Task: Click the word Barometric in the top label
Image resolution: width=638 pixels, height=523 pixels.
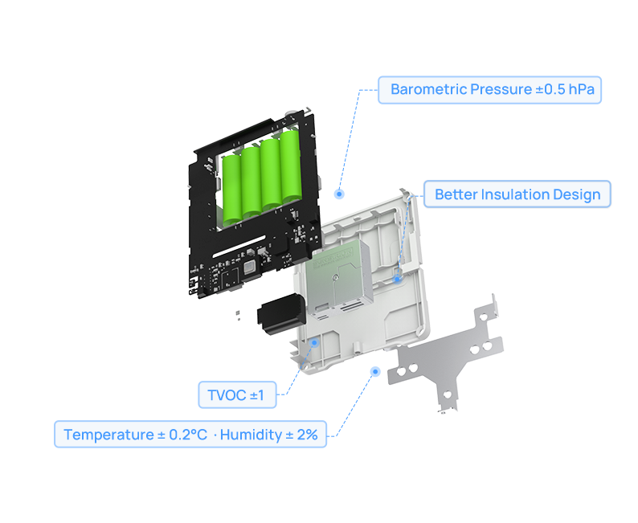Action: pos(427,89)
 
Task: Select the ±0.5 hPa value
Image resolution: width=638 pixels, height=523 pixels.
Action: pos(565,89)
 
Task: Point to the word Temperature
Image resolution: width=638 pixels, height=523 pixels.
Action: pos(108,435)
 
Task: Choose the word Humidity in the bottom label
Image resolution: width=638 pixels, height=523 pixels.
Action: pos(251,435)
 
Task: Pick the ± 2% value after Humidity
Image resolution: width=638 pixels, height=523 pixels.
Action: pos(302,435)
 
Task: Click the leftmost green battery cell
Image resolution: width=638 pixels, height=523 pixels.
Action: pos(233,187)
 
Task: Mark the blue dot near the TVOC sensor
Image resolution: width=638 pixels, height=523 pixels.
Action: pos(314,342)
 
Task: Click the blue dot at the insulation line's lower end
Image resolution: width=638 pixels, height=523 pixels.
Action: pos(397,278)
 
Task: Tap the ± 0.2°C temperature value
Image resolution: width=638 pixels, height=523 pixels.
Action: pos(182,435)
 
